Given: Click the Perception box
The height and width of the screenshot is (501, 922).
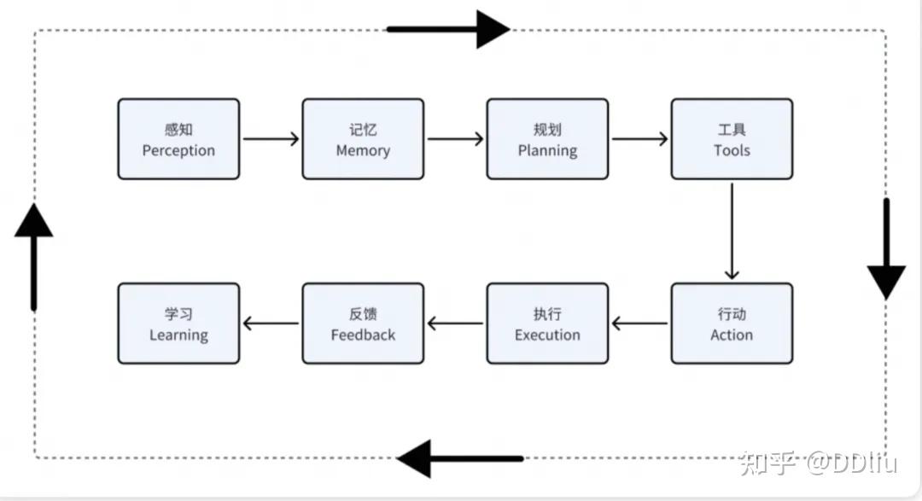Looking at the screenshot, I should click(x=178, y=139).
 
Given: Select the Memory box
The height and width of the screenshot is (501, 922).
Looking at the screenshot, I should click(x=363, y=139).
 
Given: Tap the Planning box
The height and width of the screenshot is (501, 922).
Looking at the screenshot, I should click(x=547, y=139).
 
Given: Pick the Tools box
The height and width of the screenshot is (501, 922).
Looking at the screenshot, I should click(x=732, y=139).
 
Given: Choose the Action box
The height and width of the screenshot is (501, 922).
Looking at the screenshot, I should click(x=732, y=323).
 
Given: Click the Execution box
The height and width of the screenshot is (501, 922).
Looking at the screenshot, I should click(x=547, y=323).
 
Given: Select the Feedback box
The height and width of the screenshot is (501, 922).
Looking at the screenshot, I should click(x=363, y=323).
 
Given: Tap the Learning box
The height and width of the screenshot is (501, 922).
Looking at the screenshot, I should click(x=178, y=323).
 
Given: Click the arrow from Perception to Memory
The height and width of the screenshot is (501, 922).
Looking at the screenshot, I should click(x=271, y=138).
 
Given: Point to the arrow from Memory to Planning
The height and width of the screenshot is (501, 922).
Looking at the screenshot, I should click(x=455, y=138).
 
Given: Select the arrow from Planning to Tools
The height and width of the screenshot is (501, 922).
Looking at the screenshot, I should click(x=639, y=138).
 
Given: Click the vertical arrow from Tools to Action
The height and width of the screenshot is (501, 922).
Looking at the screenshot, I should click(x=732, y=231).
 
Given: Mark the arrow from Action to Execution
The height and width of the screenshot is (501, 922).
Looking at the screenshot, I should click(x=639, y=323).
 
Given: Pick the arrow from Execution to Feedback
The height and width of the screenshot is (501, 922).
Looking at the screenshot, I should click(x=455, y=323).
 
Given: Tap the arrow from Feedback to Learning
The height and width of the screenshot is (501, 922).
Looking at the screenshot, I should click(x=271, y=323).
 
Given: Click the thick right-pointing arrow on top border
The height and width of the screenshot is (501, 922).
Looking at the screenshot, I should click(x=448, y=29).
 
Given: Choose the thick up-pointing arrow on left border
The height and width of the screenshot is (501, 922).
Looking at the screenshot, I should click(x=34, y=255).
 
